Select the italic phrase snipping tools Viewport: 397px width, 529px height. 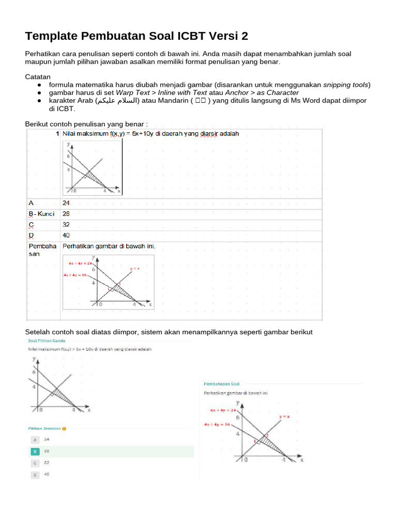pyautogui.click(x=346, y=85)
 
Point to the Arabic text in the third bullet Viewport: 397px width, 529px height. pyautogui.click(x=117, y=101)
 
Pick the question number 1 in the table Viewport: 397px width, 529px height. pyautogui.click(x=57, y=134)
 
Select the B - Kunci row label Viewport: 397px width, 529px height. pyautogui.click(x=41, y=214)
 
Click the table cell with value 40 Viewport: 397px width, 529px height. pyautogui.click(x=66, y=235)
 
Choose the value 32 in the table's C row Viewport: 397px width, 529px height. pyautogui.click(x=66, y=225)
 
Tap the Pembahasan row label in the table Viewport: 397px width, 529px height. pyautogui.click(x=42, y=250)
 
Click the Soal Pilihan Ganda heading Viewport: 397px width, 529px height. pyautogui.click(x=47, y=341)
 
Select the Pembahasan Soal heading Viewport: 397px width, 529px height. pyautogui.click(x=222, y=384)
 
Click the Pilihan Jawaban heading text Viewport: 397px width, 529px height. pyautogui.click(x=44, y=428)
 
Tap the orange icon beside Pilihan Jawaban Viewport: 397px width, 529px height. pyautogui.click(x=64, y=428)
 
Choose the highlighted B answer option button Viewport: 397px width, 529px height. pyautogui.click(x=35, y=452)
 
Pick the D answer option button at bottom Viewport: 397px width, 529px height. pyautogui.click(x=35, y=474)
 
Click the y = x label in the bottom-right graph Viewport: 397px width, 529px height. pyautogui.click(x=284, y=416)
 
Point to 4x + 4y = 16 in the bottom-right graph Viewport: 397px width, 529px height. pyautogui.click(x=218, y=424)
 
